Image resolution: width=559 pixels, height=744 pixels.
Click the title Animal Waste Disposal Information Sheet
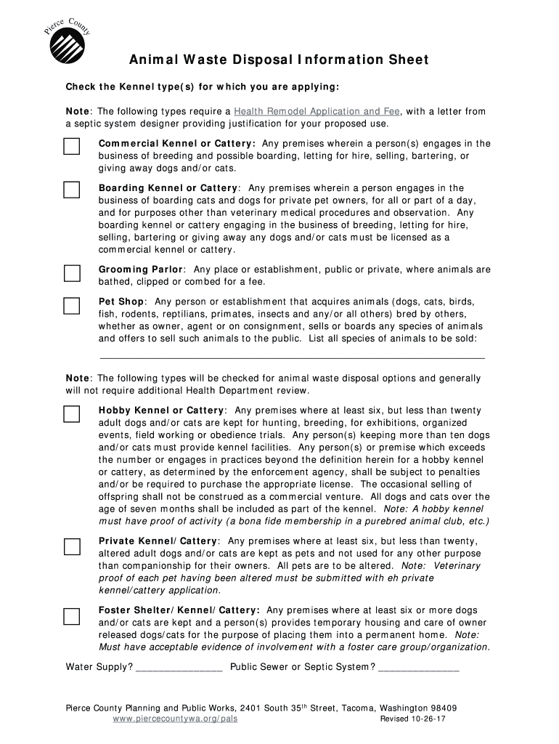point(279,60)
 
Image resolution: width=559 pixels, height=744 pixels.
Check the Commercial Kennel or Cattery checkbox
point(71,147)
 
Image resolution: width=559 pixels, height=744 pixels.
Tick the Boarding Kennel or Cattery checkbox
point(71,190)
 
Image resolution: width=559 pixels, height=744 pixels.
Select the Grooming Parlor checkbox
point(71,273)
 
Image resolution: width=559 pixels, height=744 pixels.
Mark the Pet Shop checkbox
point(71,305)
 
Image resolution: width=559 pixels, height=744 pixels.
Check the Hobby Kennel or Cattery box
point(71,414)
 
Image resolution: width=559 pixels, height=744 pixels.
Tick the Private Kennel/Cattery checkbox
point(71,546)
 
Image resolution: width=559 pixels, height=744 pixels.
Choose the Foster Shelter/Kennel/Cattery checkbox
point(71,616)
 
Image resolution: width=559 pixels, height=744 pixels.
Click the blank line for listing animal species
point(291,356)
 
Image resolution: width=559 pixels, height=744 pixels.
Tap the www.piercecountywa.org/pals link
point(176,719)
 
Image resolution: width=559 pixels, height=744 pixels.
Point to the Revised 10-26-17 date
point(413,719)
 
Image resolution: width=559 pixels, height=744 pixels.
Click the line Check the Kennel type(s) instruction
point(203,87)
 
